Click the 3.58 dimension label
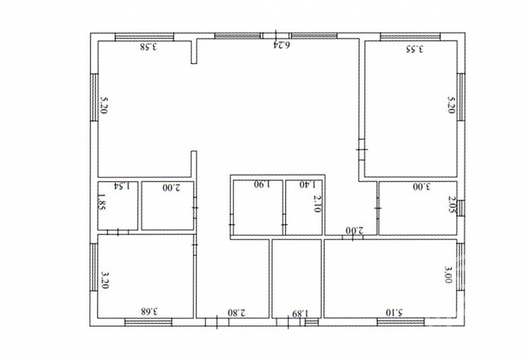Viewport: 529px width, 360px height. pos(149,46)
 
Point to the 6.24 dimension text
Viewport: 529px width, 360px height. pos(281,44)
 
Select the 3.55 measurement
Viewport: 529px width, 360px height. pos(414,49)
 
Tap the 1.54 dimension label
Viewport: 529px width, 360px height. pos(121,186)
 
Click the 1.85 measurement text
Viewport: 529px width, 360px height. pos(101,202)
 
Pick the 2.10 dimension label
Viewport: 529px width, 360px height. pos(317,204)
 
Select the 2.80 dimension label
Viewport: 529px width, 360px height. pos(237,313)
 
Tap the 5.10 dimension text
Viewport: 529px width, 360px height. pos(395,313)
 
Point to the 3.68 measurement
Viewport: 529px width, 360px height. pos(149,311)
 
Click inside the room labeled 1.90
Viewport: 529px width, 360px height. pos(258,207)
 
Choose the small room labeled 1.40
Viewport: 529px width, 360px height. pos(304,207)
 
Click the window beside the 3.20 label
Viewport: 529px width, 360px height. pos(94,267)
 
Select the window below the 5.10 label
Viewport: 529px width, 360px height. pos(400,322)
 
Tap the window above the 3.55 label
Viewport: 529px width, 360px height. pos(410,37)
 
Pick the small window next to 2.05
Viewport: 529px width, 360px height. pos(461,208)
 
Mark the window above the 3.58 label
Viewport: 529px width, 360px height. pos(144,37)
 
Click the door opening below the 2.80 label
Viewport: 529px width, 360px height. pos(217,322)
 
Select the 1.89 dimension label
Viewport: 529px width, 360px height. pos(300,313)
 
